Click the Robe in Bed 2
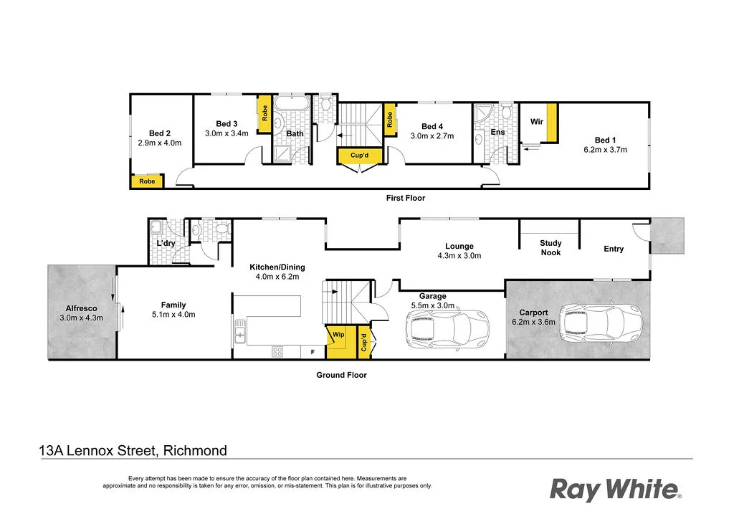pos(147,181)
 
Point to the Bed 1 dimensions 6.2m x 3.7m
pos(605,151)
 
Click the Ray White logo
pos(615,490)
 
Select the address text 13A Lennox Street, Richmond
pos(133,451)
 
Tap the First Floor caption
pos(406,198)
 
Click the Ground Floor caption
pos(341,375)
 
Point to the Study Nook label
pos(550,248)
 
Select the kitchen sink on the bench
pos(240,330)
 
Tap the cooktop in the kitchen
pos(277,351)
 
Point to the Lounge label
pos(459,246)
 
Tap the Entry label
pos(614,249)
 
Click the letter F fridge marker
pos(312,352)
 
